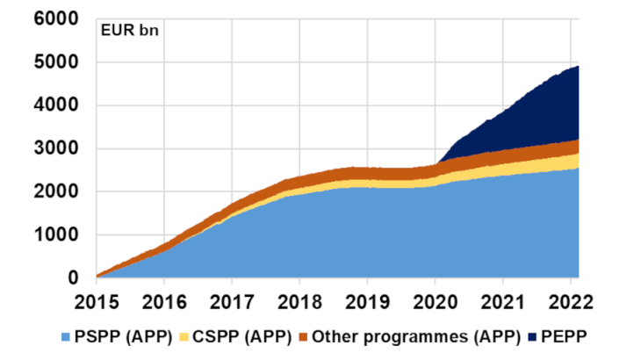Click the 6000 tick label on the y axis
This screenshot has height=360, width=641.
(x=55, y=19)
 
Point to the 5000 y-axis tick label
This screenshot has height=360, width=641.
(x=55, y=62)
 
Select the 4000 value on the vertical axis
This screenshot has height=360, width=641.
(x=55, y=105)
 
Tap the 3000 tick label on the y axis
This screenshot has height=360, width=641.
(x=55, y=149)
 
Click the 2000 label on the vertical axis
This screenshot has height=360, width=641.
(x=55, y=192)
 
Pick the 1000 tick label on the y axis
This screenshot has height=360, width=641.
(x=55, y=235)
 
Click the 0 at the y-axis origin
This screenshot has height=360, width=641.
(x=74, y=278)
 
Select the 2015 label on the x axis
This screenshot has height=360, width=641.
(x=96, y=301)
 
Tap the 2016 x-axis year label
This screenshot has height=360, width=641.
(x=163, y=301)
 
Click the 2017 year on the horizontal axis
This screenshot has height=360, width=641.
(x=231, y=301)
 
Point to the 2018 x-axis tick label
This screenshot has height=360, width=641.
(x=299, y=301)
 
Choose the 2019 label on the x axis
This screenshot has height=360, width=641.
(x=366, y=301)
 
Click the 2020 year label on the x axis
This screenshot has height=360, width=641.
(x=434, y=301)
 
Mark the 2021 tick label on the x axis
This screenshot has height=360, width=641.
(x=501, y=301)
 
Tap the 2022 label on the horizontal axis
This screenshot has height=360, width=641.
(x=569, y=301)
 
